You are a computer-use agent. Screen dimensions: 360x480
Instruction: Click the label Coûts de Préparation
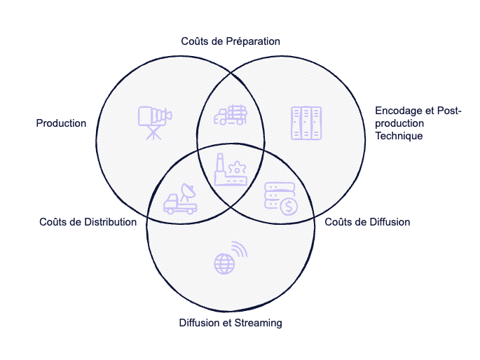[x=231, y=41]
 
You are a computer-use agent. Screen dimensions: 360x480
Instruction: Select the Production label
[x=61, y=123]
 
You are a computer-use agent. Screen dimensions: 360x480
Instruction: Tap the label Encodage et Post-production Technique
[x=418, y=123]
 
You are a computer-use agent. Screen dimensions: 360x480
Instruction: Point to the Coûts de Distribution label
[x=88, y=222]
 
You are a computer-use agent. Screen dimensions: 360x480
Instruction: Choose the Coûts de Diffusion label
[x=367, y=222]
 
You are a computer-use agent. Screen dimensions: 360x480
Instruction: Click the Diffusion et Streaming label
[x=230, y=323]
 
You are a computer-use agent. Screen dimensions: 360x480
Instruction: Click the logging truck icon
[x=230, y=115]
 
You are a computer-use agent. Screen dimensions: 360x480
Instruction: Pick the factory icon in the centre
[x=231, y=170]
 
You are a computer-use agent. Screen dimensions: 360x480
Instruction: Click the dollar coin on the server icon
[x=287, y=207]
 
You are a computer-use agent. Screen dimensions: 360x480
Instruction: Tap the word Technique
[x=399, y=136]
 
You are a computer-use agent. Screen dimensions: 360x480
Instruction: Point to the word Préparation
[x=253, y=41]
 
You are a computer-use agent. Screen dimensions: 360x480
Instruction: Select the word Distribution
[x=110, y=222]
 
